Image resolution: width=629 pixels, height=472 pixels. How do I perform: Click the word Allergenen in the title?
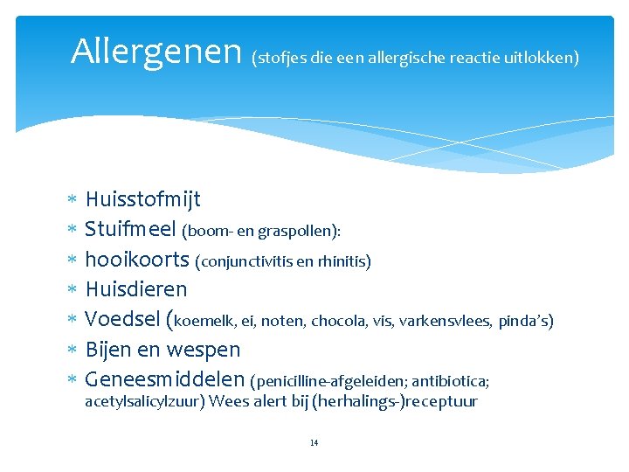pyautogui.click(x=156, y=52)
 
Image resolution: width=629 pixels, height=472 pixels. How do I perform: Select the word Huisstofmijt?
pyautogui.click(x=143, y=200)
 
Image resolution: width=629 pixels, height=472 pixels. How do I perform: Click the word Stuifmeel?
pyautogui.click(x=130, y=230)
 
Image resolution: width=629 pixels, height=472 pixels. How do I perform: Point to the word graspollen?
pyautogui.click(x=300, y=232)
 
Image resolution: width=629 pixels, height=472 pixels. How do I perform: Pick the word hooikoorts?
pyautogui.click(x=137, y=260)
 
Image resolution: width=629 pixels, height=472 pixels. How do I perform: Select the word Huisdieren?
pyautogui.click(x=136, y=289)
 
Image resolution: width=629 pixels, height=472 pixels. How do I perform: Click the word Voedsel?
pyautogui.click(x=124, y=320)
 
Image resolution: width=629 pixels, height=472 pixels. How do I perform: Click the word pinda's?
pyautogui.click(x=526, y=321)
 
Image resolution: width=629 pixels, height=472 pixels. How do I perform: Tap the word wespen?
pyautogui.click(x=202, y=350)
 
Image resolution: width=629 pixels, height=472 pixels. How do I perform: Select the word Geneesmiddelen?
pyautogui.click(x=164, y=380)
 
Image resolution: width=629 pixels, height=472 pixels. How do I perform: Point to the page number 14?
pyautogui.click(x=314, y=443)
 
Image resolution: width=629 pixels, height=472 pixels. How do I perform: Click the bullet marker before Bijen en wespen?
pyautogui.click(x=73, y=351)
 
